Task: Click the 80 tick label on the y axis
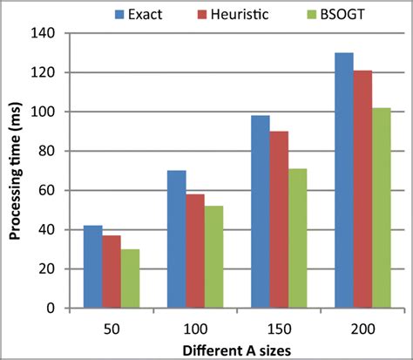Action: point(48,152)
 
